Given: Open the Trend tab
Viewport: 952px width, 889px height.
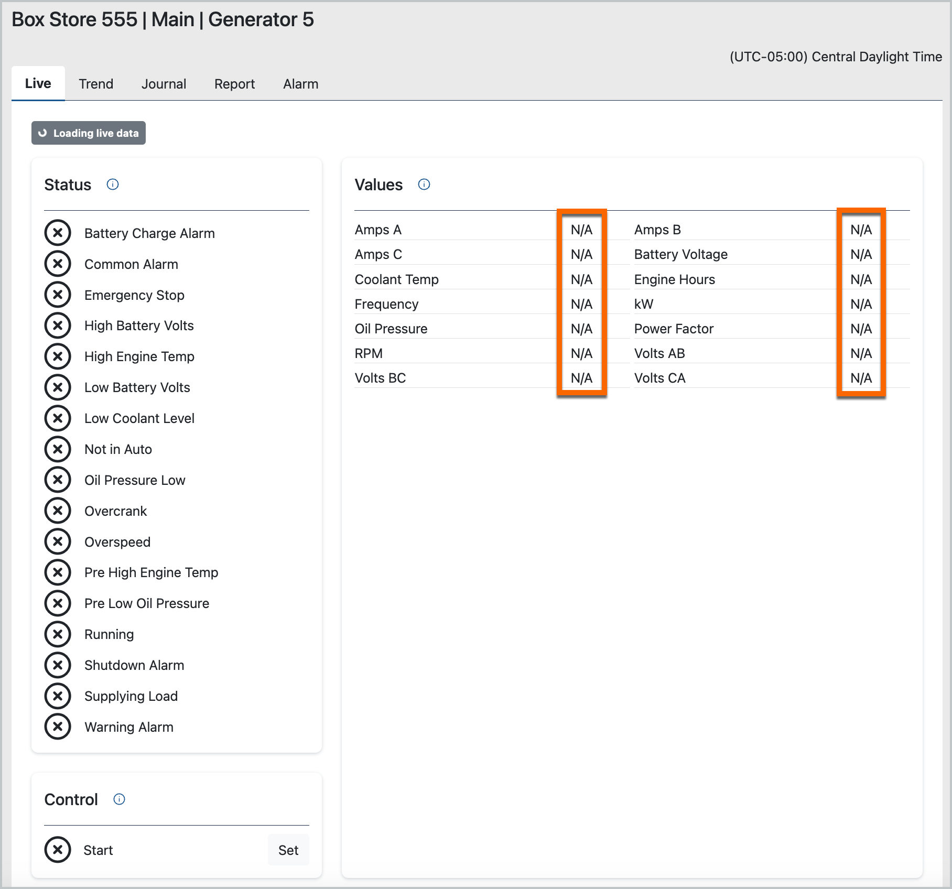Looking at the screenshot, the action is tap(96, 84).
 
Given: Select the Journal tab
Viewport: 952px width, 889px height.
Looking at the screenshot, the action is tap(164, 84).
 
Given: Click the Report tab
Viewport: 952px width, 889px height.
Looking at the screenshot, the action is tap(234, 84).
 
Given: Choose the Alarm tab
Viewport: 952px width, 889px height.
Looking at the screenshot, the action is tap(301, 84).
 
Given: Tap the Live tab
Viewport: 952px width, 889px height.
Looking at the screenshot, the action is tap(38, 83).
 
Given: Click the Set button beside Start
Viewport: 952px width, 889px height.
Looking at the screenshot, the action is tap(288, 850).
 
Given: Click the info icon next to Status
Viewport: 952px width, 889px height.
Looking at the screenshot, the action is tap(113, 185).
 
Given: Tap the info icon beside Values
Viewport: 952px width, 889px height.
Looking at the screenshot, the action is tap(424, 185).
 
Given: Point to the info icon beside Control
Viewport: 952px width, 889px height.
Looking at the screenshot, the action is tap(120, 799).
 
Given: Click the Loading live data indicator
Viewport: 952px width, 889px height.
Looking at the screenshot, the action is tap(89, 133).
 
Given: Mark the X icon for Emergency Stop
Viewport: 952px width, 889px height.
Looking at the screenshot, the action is tap(58, 295).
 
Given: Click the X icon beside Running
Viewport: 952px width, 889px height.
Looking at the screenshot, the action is tap(58, 634).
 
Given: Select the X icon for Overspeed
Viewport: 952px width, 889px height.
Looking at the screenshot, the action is tap(58, 541).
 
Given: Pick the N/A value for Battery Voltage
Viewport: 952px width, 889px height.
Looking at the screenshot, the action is tap(861, 254).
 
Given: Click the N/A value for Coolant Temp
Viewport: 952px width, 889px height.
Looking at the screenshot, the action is tap(582, 279).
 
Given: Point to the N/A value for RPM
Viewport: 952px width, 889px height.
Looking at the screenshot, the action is tap(582, 353).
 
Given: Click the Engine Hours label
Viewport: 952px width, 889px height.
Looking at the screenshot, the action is tap(675, 279).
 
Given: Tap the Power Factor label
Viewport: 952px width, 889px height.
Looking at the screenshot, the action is tap(674, 329).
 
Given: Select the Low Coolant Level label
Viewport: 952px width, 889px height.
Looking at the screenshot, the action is tap(139, 418).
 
